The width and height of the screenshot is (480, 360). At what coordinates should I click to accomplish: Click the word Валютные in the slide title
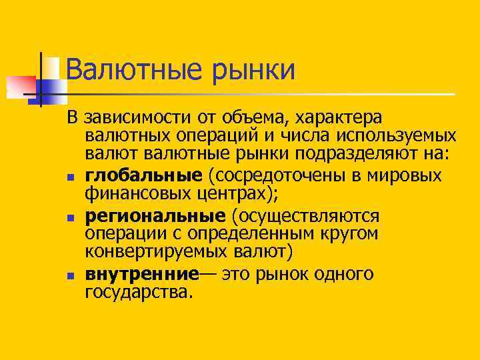tap(124, 71)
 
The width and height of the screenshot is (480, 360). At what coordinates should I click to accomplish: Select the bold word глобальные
tap(143, 175)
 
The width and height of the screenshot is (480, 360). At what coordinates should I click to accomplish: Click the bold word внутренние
tap(142, 274)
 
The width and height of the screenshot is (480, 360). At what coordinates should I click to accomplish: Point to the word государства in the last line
tap(138, 293)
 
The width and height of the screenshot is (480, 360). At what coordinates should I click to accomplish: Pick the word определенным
tap(251, 235)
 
